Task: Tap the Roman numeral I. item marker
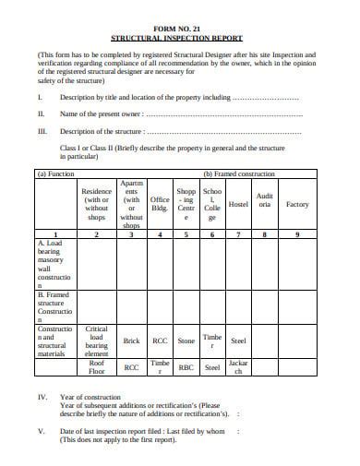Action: pos(40,96)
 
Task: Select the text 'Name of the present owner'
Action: pos(102,114)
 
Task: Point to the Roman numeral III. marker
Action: pos(42,131)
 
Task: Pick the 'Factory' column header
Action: pos(296,204)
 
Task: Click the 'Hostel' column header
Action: pos(238,204)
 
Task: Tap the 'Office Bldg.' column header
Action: pos(160,204)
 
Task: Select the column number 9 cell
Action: pos(296,233)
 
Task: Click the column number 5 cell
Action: pos(186,233)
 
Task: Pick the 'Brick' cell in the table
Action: pos(131,341)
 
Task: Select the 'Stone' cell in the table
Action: pos(186,341)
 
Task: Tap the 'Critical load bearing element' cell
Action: pos(96,341)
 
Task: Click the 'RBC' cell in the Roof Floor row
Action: pos(186,367)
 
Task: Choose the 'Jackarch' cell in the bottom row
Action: pos(238,367)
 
